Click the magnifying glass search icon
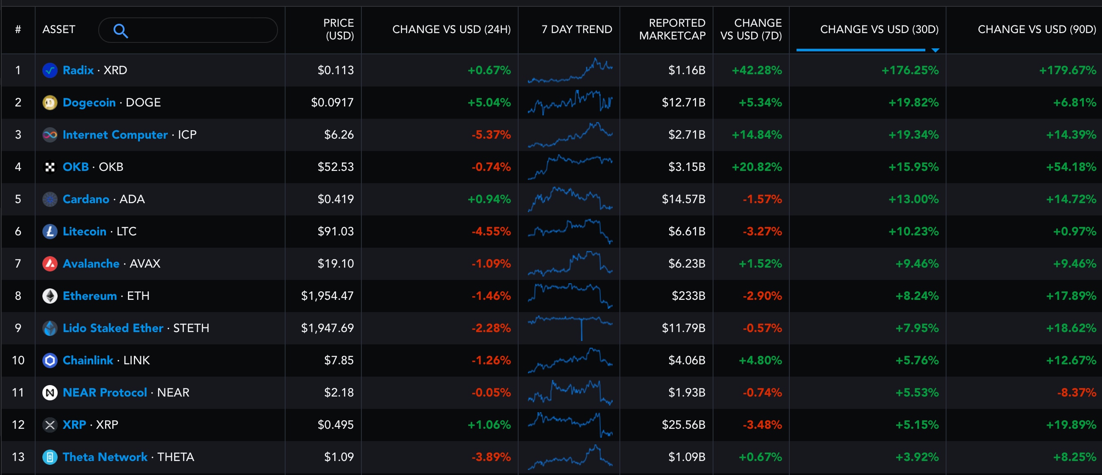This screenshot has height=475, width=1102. pyautogui.click(x=120, y=31)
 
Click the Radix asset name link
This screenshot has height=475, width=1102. pyautogui.click(x=78, y=70)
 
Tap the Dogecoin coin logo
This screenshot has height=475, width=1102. pyautogui.click(x=50, y=102)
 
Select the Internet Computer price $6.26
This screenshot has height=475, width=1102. pyautogui.click(x=339, y=134)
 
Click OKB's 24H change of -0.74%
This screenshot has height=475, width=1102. pyautogui.click(x=491, y=167)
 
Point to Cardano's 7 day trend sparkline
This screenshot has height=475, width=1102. pyautogui.click(x=570, y=199)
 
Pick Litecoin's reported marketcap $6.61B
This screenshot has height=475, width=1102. pyautogui.click(x=686, y=231)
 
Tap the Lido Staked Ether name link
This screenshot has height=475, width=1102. pyautogui.click(x=113, y=328)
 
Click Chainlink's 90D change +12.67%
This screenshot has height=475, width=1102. pyautogui.click(x=1071, y=360)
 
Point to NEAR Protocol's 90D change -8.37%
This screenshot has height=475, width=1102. pyautogui.click(x=1076, y=392)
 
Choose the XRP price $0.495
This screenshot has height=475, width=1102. pyautogui.click(x=336, y=425)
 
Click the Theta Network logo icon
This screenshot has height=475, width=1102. pyautogui.click(x=50, y=457)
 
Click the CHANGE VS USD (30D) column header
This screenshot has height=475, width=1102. pyautogui.click(x=879, y=29)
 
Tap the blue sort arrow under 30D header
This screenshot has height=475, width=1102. pyautogui.click(x=935, y=50)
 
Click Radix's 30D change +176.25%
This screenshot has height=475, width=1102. pyautogui.click(x=910, y=70)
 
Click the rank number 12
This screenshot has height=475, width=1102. pyautogui.click(x=18, y=425)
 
